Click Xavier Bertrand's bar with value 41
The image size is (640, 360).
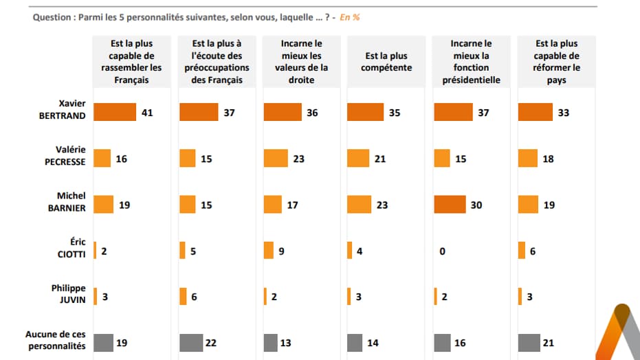click(114, 112)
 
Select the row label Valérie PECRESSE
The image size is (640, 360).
click(67, 158)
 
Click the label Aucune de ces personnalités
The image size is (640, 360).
click(56, 340)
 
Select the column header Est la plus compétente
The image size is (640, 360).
click(386, 62)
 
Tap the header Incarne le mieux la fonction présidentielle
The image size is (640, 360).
click(472, 62)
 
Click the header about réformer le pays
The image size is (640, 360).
click(557, 62)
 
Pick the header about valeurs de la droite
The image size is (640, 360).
click(301, 62)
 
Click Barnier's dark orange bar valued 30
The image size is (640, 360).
click(450, 205)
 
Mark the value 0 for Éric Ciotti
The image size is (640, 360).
click(442, 251)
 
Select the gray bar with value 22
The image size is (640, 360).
click(191, 342)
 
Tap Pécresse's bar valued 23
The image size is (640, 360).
click(275, 159)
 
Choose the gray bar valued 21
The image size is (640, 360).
click(529, 342)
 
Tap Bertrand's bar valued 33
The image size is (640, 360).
click(535, 112)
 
